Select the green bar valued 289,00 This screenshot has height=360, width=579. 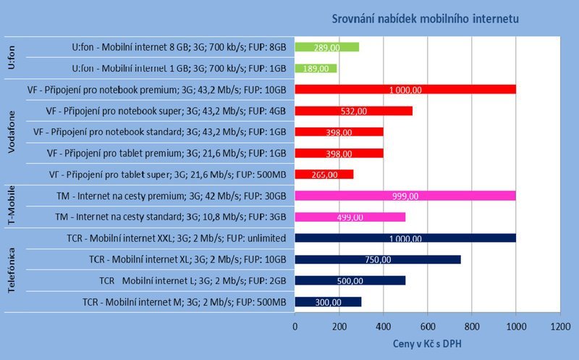click(x=326, y=47)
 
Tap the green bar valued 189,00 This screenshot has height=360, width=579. click(x=316, y=68)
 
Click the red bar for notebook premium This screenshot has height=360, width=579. click(x=405, y=90)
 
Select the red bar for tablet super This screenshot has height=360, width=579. click(x=324, y=174)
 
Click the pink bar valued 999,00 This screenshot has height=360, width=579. click(x=405, y=196)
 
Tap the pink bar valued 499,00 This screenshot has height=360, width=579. click(x=350, y=217)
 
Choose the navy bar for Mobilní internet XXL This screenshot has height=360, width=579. click(x=405, y=238)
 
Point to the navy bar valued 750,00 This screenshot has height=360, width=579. click(x=377, y=259)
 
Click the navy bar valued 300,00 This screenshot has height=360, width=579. click(x=328, y=301)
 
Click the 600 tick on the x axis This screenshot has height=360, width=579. click(x=427, y=326)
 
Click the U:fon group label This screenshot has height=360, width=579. click(x=12, y=58)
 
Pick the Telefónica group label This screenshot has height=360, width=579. click(x=12, y=269)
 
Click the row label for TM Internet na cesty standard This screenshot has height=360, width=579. click(x=171, y=217)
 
